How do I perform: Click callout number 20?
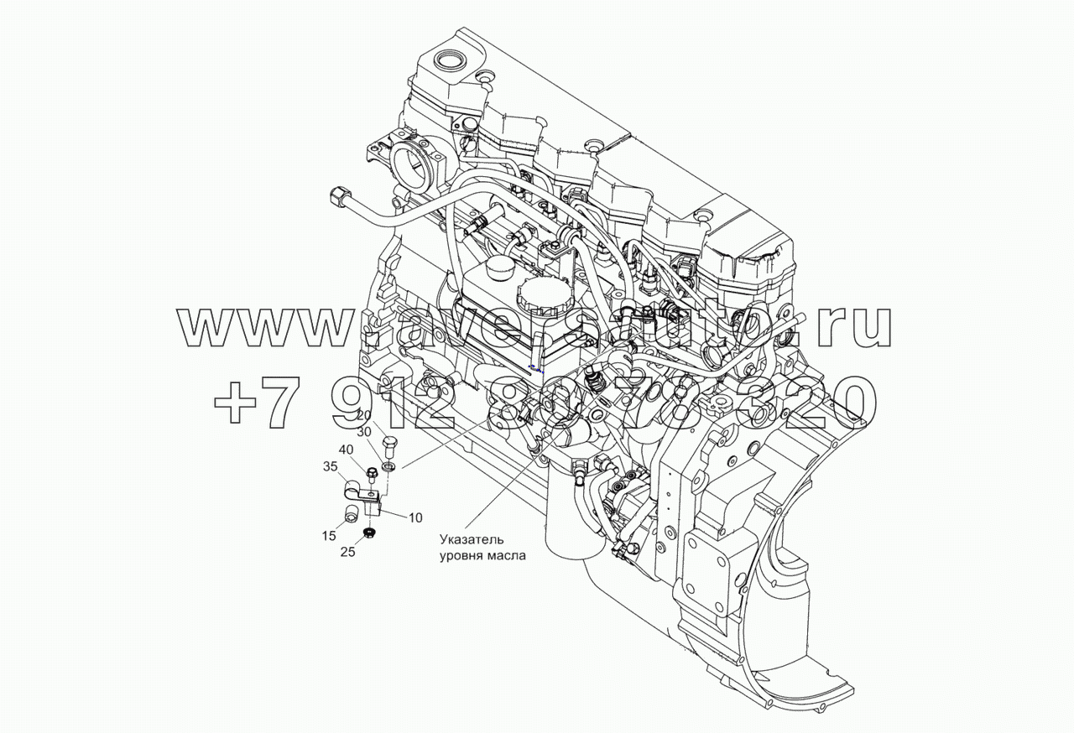point(364,415)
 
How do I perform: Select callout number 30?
point(364,432)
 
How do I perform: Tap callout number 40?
point(347,450)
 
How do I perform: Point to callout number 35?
point(330,466)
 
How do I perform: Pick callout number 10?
point(414,517)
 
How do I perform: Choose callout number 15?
point(329,536)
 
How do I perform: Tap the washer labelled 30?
point(389,465)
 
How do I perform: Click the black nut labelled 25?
point(368,533)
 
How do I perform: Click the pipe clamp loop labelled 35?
point(354,489)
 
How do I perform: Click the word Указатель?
point(473,539)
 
